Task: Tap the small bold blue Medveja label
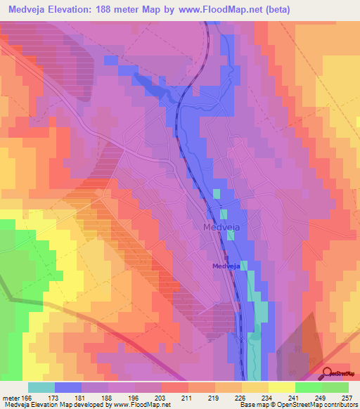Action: point(227,265)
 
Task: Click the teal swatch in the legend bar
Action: point(41,387)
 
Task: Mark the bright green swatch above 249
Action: point(309,387)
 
